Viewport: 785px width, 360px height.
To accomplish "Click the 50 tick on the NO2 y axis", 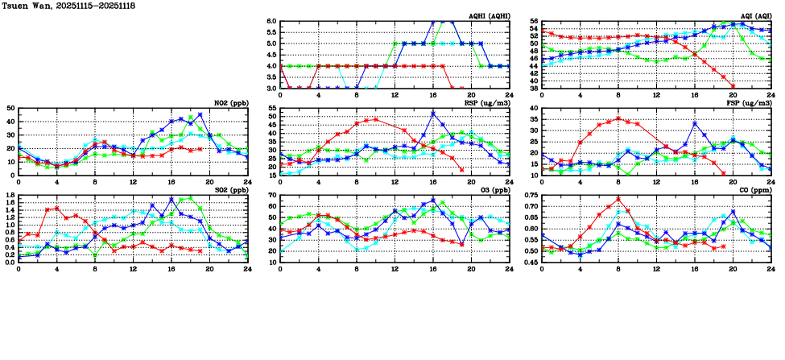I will tap(10, 108).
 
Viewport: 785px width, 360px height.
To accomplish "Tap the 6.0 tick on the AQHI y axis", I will tap(271, 22).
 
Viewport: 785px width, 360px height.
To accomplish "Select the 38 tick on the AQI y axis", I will tap(534, 87).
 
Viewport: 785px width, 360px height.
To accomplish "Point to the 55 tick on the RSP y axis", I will tap(272, 108).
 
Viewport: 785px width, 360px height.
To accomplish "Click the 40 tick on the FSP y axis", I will tap(534, 108).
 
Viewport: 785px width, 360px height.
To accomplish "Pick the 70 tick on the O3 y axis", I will tap(272, 195).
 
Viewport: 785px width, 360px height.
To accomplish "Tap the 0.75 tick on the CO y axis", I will tap(530, 195).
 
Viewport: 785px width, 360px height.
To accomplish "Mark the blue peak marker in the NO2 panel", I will tap(200, 114).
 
